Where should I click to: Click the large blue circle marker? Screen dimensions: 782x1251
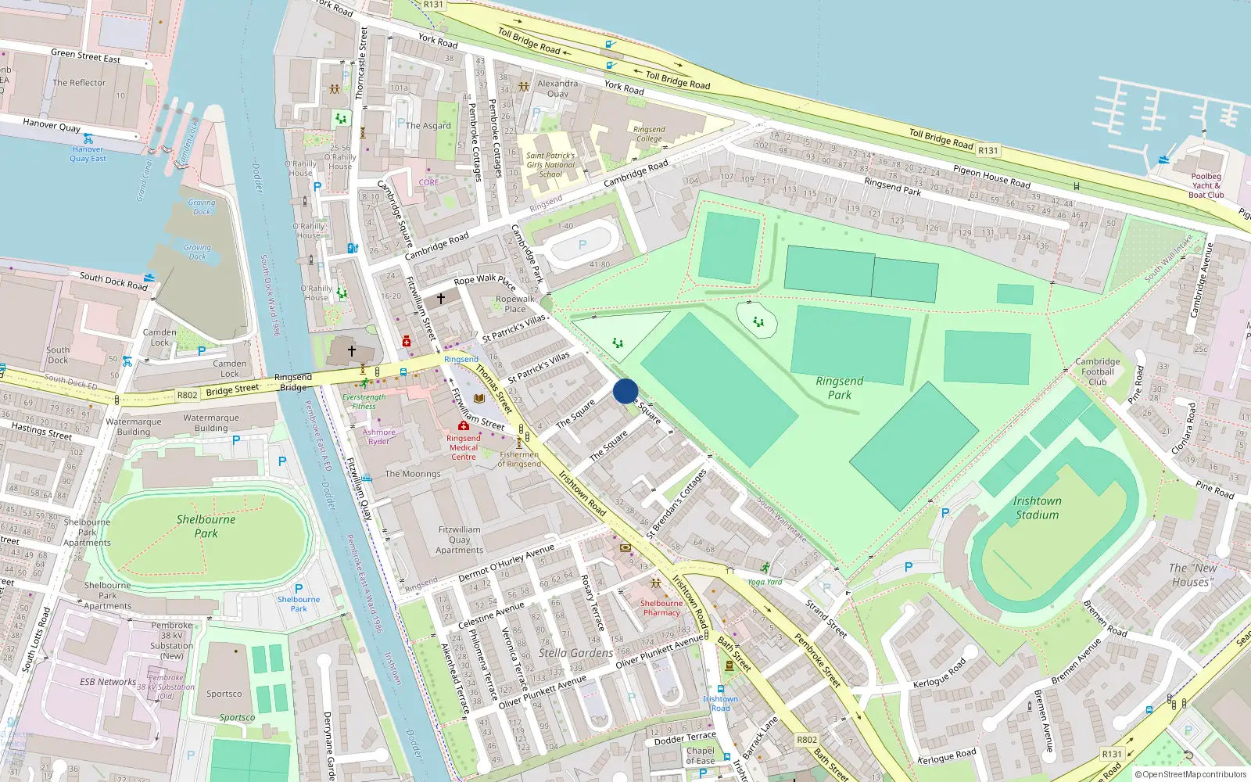tap(625, 391)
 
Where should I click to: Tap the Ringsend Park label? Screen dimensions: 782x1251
tap(840, 388)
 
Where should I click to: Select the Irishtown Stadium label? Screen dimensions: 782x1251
tap(1037, 508)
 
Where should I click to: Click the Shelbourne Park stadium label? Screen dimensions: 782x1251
tap(206, 526)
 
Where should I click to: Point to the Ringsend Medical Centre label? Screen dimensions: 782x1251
tap(464, 447)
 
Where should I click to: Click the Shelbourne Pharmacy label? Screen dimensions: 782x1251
tap(661, 608)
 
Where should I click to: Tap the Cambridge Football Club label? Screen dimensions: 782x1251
tap(1097, 371)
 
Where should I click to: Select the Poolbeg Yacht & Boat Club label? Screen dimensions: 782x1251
tap(1206, 185)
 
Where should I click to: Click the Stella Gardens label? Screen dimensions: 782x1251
tap(575, 653)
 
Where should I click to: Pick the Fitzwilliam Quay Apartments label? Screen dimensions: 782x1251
tap(460, 540)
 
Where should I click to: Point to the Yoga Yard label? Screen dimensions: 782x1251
tap(765, 582)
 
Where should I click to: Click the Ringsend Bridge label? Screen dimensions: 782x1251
tap(293, 382)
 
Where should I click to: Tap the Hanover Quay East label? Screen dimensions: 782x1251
tap(88, 153)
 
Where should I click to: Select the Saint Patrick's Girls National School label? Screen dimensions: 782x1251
tap(550, 164)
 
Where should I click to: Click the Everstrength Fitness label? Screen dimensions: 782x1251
tap(364, 402)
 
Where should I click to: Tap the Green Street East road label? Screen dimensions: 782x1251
tap(85, 56)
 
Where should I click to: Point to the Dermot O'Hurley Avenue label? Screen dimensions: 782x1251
tap(506, 563)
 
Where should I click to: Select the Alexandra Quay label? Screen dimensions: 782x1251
tap(557, 88)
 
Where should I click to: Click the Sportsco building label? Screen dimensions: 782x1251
tap(224, 694)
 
